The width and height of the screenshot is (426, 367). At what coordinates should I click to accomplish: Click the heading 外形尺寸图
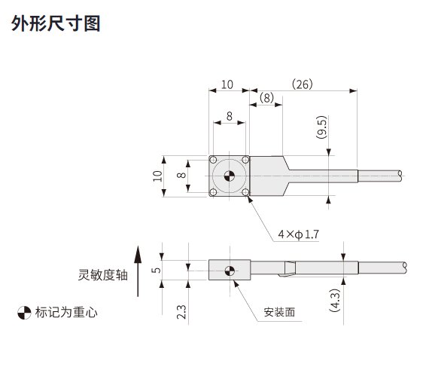(56, 23)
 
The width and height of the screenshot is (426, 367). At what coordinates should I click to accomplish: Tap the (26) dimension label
(303, 84)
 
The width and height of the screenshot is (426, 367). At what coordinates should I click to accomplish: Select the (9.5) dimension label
(321, 127)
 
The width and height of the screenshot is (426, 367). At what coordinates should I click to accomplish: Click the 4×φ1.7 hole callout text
(298, 234)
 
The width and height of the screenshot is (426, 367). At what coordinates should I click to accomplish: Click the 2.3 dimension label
(181, 312)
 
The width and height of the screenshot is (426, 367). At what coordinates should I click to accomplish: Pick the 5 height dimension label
(157, 270)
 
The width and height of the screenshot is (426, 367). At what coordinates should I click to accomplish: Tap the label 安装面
(279, 312)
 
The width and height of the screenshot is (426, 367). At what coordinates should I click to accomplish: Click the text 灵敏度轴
(102, 275)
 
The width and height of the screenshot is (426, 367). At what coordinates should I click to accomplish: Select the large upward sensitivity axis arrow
(138, 271)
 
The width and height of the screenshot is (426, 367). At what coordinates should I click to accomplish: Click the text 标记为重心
(66, 312)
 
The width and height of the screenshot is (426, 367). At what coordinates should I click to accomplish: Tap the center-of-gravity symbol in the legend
(24, 313)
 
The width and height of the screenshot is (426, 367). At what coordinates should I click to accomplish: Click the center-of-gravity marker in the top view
(230, 176)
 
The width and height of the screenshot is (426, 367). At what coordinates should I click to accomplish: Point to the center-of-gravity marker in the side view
(230, 271)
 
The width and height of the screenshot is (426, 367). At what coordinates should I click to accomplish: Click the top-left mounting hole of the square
(213, 160)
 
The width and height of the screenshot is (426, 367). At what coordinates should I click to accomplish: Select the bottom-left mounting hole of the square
(213, 193)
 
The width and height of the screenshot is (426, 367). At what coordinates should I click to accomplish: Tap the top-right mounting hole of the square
(245, 160)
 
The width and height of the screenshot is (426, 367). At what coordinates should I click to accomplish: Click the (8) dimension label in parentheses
(266, 98)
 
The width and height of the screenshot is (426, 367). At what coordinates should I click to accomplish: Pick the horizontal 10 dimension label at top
(227, 84)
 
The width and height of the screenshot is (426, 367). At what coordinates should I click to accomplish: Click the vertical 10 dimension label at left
(157, 176)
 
